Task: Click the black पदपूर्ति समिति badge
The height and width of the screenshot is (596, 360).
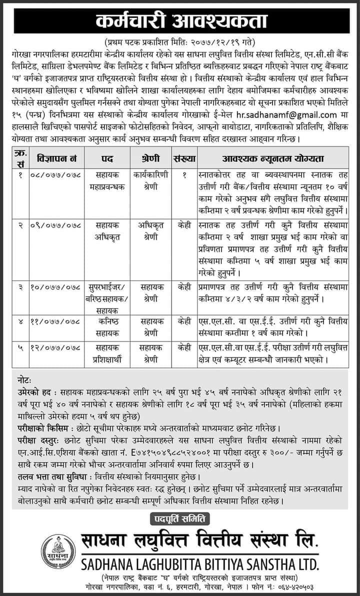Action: [x=180, y=515]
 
